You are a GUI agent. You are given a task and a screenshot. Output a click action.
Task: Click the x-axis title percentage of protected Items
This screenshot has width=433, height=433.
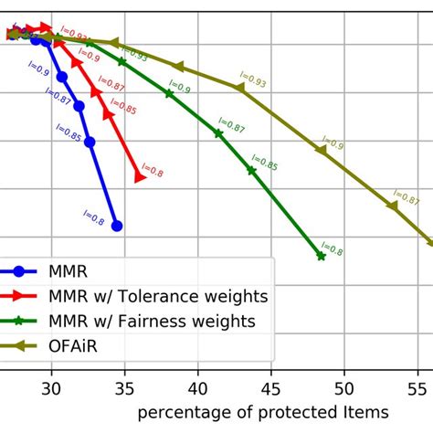pos(263,413)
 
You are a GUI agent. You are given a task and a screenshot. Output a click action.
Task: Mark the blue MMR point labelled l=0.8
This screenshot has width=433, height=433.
pos(116,225)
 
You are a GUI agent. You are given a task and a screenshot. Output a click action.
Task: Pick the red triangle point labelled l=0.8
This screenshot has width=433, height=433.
pos(139,175)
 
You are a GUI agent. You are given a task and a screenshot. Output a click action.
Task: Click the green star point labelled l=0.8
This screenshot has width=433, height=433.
pos(321,257)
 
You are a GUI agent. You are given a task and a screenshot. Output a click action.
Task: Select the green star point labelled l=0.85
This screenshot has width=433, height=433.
pos(252,171)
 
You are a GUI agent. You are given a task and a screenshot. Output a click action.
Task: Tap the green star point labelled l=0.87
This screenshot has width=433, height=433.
pos(218,133)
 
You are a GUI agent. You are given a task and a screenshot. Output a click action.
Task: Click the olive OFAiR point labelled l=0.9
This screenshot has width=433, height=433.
pos(321,150)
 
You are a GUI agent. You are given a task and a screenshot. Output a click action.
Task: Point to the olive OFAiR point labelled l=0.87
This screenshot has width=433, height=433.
pos(393,206)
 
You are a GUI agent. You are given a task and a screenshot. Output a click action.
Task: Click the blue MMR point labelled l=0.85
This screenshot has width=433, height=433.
pos(90,142)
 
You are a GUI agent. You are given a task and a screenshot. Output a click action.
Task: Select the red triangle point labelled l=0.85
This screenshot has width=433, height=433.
pos(109,115)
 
